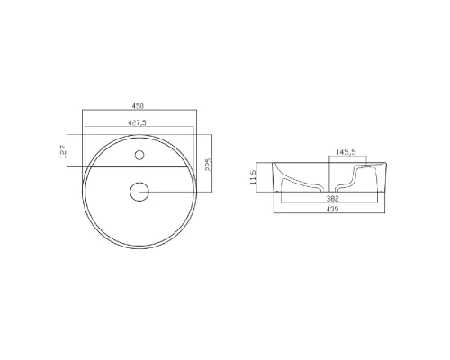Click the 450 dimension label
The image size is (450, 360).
[x=138, y=106]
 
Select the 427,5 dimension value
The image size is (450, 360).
[x=137, y=122]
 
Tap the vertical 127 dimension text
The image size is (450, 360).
[x=63, y=152]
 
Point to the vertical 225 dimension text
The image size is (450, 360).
[x=209, y=165]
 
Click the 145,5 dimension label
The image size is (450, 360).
[x=346, y=152]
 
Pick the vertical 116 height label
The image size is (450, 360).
[x=253, y=177]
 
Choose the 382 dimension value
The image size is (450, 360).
[x=332, y=198]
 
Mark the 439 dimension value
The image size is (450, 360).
[x=332, y=209]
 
